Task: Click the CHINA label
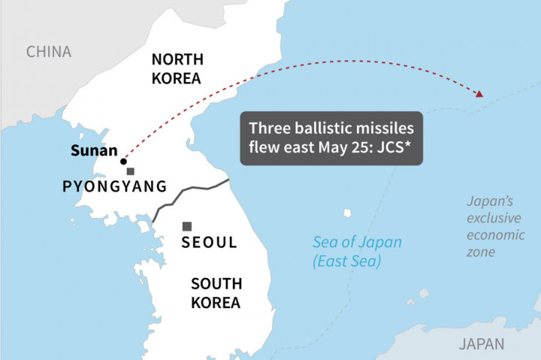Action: [x=49, y=52]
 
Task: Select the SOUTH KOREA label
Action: [x=216, y=293]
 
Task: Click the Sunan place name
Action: [x=94, y=150]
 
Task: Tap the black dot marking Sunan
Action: [x=123, y=161]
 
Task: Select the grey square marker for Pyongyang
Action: [x=131, y=171]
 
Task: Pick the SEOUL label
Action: [x=210, y=243]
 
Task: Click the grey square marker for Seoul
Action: [x=187, y=226]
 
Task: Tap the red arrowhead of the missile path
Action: [x=478, y=94]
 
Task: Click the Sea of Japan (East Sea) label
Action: [x=357, y=252]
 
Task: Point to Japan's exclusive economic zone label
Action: [x=491, y=226]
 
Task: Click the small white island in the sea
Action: [x=346, y=213]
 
